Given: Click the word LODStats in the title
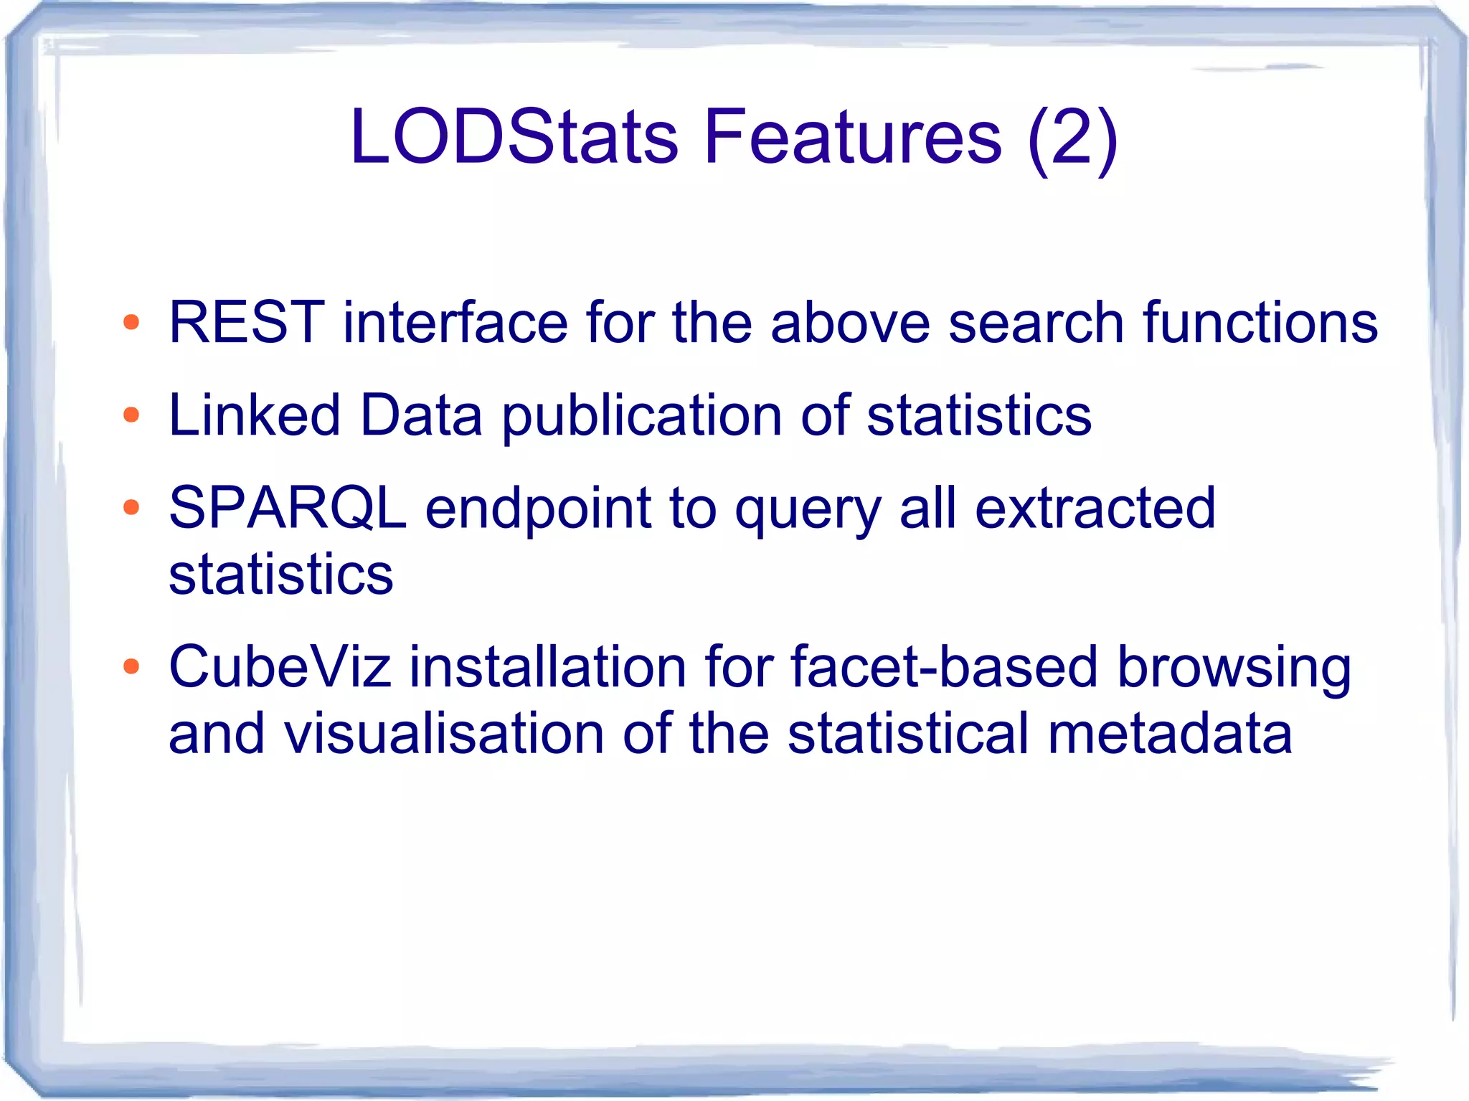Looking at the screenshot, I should [513, 136].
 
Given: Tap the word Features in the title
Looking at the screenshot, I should [852, 136].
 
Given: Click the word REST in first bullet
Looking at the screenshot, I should [246, 322].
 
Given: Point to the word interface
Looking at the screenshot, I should [455, 322].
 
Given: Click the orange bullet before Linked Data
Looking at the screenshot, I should [131, 415].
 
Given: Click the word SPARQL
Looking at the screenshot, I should [288, 508].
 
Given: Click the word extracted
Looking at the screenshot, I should [1095, 508].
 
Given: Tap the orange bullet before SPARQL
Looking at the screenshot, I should [131, 508].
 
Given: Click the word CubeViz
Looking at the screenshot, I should [280, 667].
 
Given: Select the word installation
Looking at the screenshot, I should [547, 667].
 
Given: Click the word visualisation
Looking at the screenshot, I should [444, 734].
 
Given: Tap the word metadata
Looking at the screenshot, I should [1169, 734].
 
